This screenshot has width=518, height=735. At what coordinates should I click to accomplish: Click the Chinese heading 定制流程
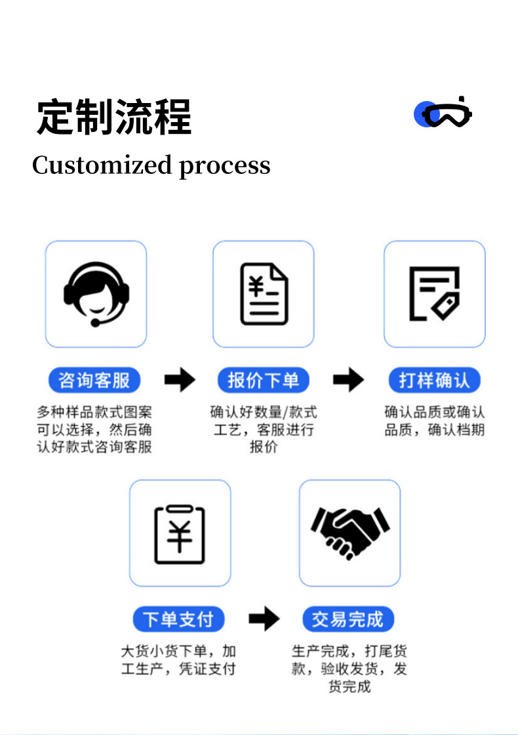click(x=113, y=117)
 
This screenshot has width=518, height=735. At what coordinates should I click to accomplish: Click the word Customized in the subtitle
click(x=102, y=165)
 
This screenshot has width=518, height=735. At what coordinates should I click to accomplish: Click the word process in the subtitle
click(x=225, y=166)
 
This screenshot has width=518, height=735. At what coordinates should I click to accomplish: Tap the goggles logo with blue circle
click(x=443, y=114)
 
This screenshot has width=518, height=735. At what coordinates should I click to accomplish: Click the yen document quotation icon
click(x=264, y=293)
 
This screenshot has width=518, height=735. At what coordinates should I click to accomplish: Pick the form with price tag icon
click(x=434, y=293)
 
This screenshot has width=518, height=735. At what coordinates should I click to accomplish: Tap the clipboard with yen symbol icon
click(x=180, y=534)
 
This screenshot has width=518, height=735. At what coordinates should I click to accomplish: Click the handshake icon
click(x=350, y=532)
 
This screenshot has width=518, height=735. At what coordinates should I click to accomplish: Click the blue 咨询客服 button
click(x=94, y=380)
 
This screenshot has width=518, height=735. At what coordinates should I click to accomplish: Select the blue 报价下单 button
click(x=264, y=380)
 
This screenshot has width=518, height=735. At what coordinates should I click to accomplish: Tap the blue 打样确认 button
click(x=433, y=380)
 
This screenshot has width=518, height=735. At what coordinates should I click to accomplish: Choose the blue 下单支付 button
click(x=178, y=619)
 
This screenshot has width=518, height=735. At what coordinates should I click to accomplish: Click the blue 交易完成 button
click(x=348, y=619)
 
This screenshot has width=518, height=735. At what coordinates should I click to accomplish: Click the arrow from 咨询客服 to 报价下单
click(x=180, y=379)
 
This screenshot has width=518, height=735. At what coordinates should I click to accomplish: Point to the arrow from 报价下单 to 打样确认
click(x=349, y=379)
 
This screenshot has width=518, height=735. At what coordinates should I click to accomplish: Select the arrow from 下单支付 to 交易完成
click(x=264, y=618)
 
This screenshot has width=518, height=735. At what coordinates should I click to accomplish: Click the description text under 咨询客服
click(x=94, y=430)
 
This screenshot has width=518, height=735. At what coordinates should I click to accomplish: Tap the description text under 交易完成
click(x=349, y=669)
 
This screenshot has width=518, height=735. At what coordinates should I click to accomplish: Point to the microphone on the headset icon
click(x=96, y=322)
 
